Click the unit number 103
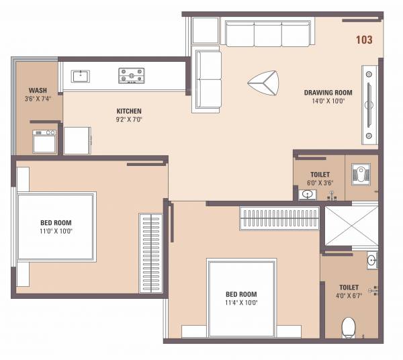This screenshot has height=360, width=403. (x=364, y=40)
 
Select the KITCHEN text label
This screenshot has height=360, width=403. (x=129, y=111)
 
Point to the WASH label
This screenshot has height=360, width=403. (x=37, y=91)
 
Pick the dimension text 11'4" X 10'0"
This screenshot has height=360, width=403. (x=241, y=302)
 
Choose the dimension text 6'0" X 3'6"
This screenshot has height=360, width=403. (x=320, y=182)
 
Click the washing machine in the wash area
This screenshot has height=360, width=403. (x=44, y=142)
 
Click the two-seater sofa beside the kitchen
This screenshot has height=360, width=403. (x=207, y=80)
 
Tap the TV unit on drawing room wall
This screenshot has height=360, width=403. (x=369, y=103)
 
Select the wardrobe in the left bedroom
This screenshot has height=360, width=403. (x=151, y=253)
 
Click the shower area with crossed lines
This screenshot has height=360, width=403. (x=351, y=226)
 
